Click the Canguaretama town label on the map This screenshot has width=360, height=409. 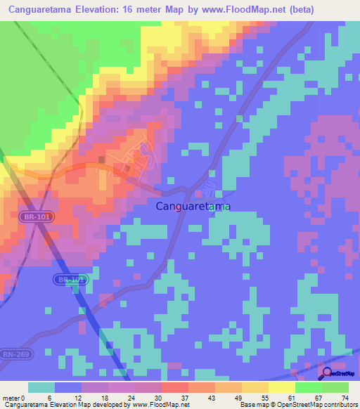point(193,207)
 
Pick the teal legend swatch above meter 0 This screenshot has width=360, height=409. point(41,387)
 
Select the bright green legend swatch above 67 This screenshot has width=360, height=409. point(308,387)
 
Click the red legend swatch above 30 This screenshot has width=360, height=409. point(175,387)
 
